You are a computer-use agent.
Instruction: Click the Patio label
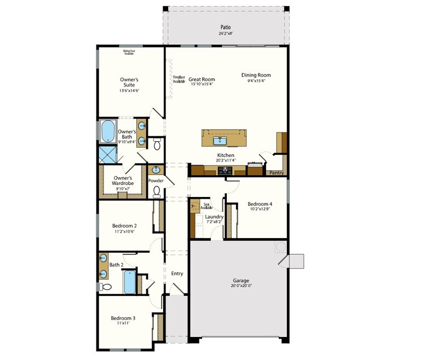[225, 26]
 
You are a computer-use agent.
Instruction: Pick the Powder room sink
[156, 169]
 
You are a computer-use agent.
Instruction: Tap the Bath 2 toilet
[106, 287]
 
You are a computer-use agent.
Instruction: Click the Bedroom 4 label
[260, 204]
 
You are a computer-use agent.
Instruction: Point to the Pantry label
[276, 173]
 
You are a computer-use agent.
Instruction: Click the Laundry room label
[214, 217]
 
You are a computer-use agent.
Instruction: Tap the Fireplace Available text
[179, 79]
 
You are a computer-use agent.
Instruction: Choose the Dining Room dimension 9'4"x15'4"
[256, 81]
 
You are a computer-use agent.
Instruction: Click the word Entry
[177, 274]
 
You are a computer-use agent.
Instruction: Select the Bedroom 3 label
[123, 318]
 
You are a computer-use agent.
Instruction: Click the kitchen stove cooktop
[225, 171]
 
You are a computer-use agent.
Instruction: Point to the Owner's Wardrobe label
[123, 181]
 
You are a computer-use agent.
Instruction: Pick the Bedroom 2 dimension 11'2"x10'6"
[124, 232]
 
